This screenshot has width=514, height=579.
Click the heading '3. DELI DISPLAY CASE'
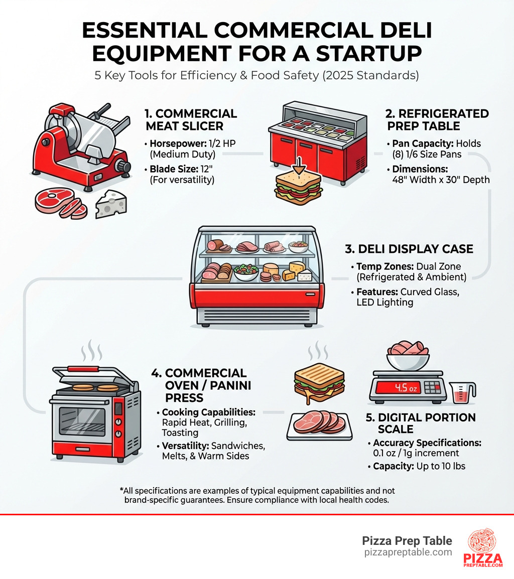409,249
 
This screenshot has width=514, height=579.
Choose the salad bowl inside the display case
246,271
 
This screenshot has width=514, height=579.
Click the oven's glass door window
82,421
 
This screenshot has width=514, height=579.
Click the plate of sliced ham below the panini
319,424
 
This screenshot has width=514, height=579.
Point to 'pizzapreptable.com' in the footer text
408,552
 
